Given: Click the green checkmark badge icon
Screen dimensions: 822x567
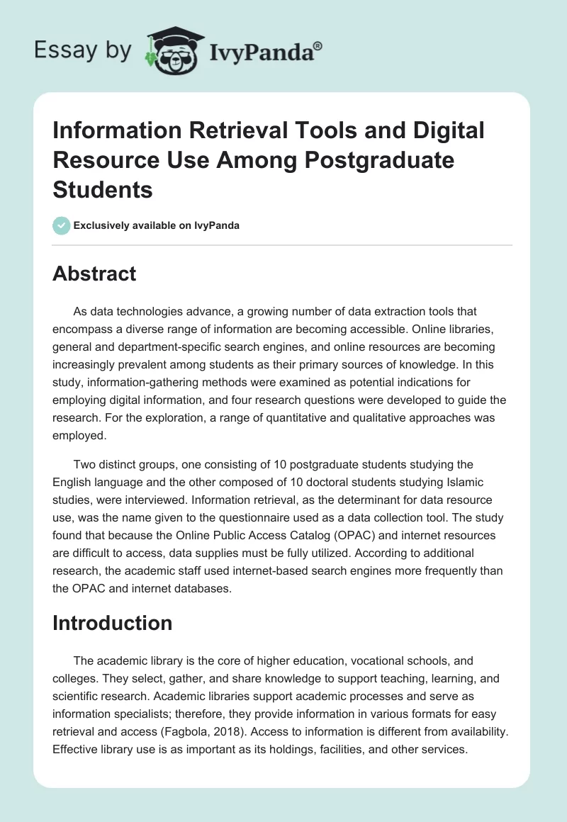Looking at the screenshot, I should click(61, 225).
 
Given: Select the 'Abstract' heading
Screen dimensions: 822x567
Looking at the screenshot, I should click(94, 274).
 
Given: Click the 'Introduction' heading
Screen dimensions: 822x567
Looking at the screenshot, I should click(112, 623).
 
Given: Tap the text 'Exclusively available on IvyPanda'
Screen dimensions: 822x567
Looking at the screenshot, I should click(157, 225).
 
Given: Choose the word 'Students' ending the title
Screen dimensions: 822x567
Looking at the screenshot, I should click(103, 190).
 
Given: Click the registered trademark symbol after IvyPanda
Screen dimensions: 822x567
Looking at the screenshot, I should click(319, 45).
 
